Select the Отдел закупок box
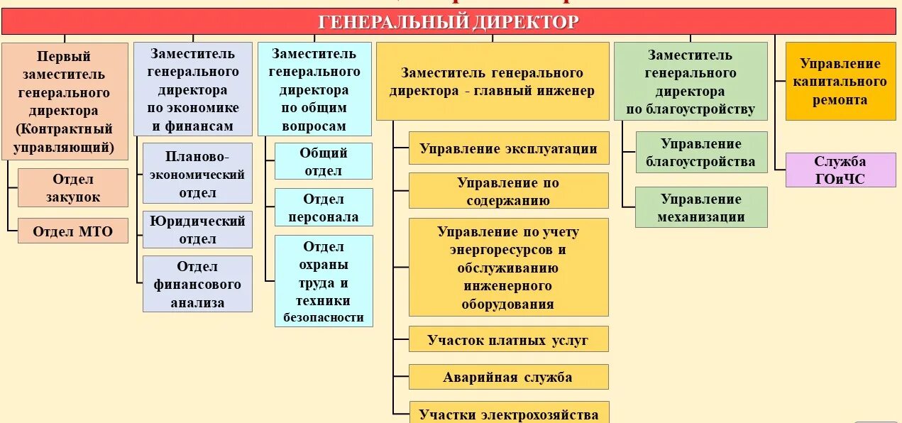coord(73,188)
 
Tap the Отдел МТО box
coord(73,231)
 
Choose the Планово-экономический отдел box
coord(197,174)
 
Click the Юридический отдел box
coord(197,230)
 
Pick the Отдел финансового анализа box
coord(197,284)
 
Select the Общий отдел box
coord(324,161)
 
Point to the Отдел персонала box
coord(324,207)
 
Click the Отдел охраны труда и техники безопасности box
coord(324,281)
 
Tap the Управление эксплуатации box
coord(509,148)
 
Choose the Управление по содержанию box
coord(509,191)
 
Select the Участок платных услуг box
coord(509,339)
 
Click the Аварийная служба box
coord(509,377)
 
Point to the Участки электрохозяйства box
coord(509,414)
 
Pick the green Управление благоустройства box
coord(701,152)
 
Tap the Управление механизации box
coord(701,207)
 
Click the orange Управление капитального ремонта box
coord(840,82)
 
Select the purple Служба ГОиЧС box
coord(840,170)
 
